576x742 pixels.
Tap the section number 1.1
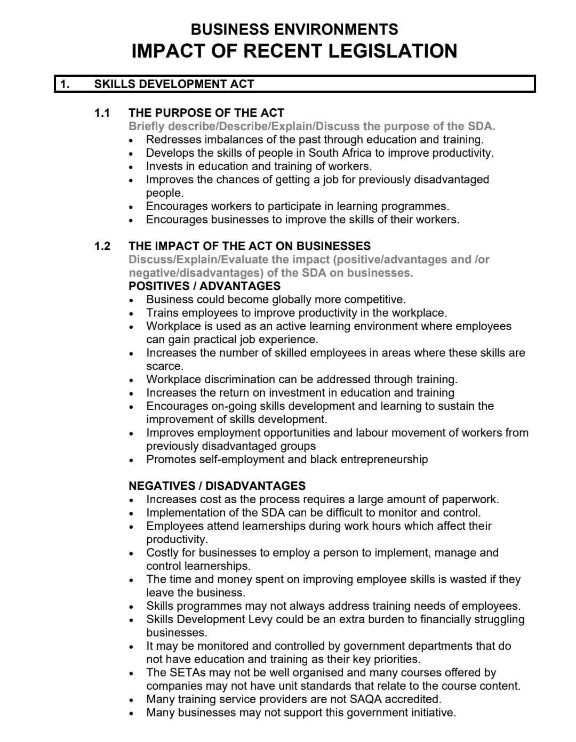(x=102, y=113)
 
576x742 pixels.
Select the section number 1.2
(x=102, y=246)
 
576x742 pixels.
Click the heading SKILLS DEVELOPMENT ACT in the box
(x=174, y=84)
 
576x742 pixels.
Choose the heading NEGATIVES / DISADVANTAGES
(x=217, y=486)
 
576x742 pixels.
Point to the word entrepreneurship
(x=384, y=459)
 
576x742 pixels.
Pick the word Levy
(x=261, y=619)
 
